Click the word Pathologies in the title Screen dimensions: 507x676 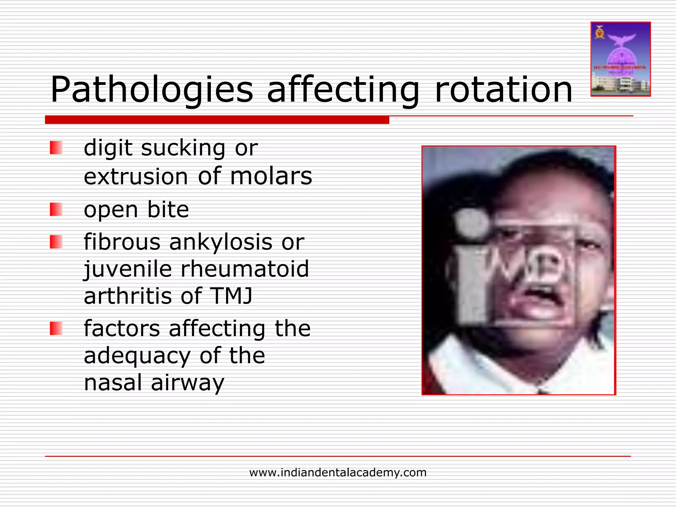click(x=152, y=90)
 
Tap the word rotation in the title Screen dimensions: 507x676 click(x=504, y=90)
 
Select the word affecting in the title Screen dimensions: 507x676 click(x=343, y=90)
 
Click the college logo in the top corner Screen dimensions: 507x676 click(x=621, y=59)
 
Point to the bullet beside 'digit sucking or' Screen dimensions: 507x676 click(x=56, y=148)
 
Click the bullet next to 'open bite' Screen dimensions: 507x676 click(x=56, y=209)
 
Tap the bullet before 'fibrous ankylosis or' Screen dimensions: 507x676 click(x=56, y=242)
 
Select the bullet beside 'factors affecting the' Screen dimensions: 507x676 click(x=56, y=328)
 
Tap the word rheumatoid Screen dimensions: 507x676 click(x=245, y=269)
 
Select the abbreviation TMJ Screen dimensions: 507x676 click(x=232, y=296)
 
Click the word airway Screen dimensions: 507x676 click(x=187, y=383)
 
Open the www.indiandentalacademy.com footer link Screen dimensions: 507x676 click(x=338, y=472)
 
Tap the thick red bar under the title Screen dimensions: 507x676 click(x=217, y=120)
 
